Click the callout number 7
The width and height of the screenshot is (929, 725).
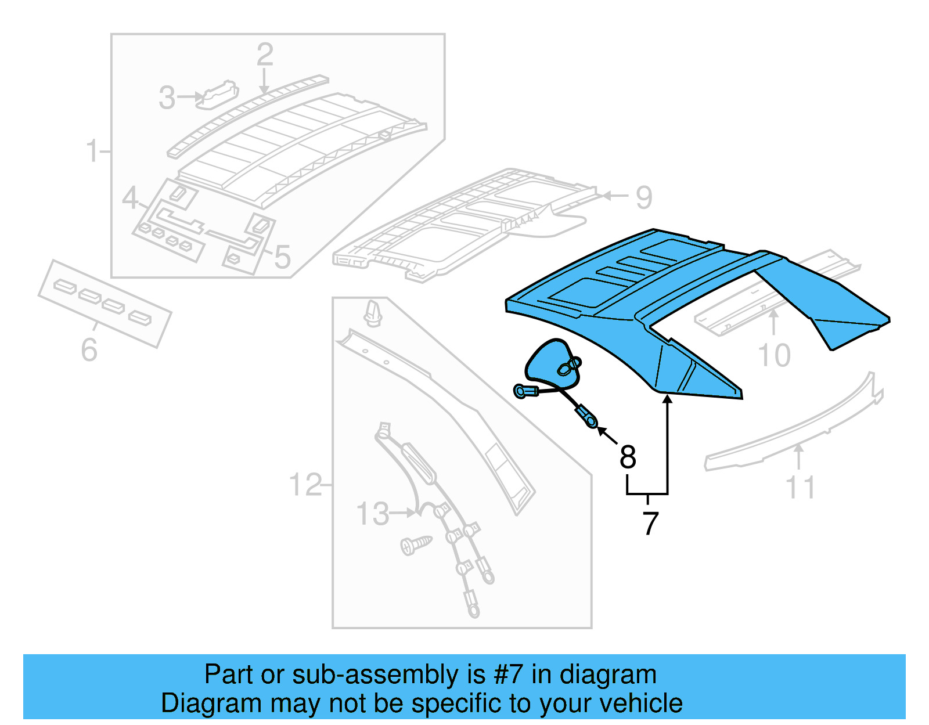pos(650,523)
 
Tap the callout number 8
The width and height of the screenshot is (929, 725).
pos(628,457)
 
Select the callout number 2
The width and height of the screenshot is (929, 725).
pos(265,55)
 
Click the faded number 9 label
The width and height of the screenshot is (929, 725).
pos(644,197)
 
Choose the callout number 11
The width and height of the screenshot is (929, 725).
pos(800,487)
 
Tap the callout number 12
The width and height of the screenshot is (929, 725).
pos(305,484)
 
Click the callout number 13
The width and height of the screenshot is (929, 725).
pos(372,514)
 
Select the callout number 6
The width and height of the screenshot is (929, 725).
pos(89,349)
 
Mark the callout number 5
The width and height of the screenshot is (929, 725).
pos(283,257)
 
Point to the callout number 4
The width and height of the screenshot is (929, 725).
pos(130,198)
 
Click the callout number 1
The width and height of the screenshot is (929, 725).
pos(92,151)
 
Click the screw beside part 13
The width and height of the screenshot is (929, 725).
pos(416,544)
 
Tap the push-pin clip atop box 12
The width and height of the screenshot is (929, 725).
pos(372,313)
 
